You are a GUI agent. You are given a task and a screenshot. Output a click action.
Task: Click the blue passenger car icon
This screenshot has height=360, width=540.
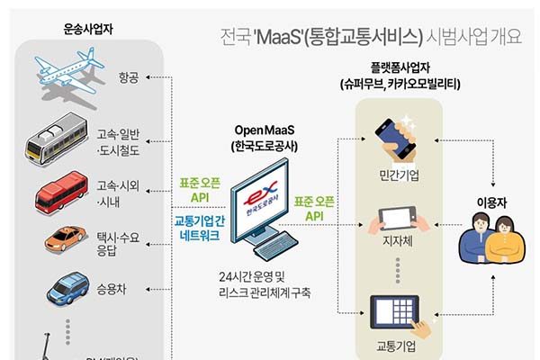click(x=67, y=290)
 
